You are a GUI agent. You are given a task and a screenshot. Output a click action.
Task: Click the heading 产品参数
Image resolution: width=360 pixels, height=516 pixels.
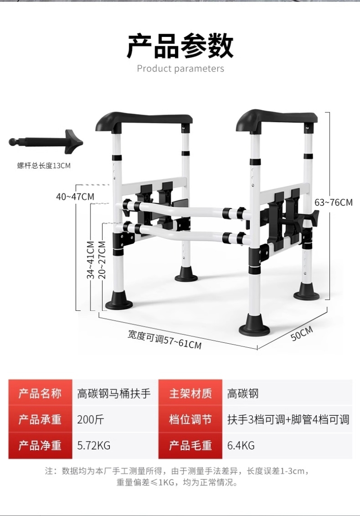[180, 46]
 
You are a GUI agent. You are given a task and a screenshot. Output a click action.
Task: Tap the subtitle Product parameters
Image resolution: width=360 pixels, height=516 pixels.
[180, 69]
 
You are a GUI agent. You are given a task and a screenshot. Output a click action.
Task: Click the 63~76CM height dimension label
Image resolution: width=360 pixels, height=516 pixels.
[333, 202]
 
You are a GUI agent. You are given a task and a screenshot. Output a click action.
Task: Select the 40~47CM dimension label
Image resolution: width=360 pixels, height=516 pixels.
[75, 197]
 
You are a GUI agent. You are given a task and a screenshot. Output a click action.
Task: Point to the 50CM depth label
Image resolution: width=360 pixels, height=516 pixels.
[302, 334]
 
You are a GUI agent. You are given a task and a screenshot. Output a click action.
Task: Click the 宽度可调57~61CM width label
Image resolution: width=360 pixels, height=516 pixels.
[165, 339]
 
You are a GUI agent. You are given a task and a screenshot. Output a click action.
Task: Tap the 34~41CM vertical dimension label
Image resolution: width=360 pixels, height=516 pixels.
[91, 260]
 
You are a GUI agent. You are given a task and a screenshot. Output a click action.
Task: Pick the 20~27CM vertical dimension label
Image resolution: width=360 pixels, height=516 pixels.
[102, 260]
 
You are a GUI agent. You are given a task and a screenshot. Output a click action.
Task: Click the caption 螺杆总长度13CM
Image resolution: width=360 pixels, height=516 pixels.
[44, 166]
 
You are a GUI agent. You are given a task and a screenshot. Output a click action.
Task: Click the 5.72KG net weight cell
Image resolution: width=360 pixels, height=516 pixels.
[94, 445]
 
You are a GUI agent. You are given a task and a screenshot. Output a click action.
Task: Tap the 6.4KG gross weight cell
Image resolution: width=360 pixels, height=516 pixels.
[241, 445]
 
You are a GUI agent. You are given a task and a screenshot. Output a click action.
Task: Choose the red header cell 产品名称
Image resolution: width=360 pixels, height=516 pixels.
[40, 393]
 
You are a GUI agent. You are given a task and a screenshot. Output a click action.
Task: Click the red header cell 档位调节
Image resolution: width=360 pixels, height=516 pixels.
[190, 420]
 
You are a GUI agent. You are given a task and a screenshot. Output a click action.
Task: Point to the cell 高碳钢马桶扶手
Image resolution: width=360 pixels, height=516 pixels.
[114, 394]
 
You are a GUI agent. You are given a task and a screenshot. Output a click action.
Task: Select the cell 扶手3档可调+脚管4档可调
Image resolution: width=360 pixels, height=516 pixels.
[288, 420]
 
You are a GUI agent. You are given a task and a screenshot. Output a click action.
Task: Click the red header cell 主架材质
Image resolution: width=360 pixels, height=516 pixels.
[190, 393]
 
